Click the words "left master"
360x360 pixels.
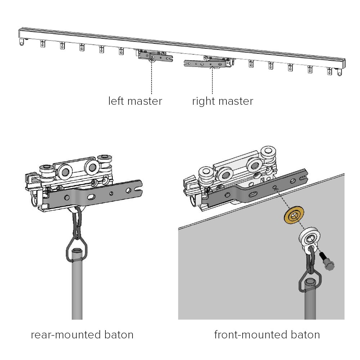click(135, 101)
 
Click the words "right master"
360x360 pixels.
click(222, 101)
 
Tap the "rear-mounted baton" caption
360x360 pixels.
click(82, 335)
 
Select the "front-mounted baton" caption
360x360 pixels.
click(267, 335)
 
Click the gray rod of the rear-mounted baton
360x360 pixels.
click(77, 288)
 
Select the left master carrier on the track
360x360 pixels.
click(155, 57)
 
